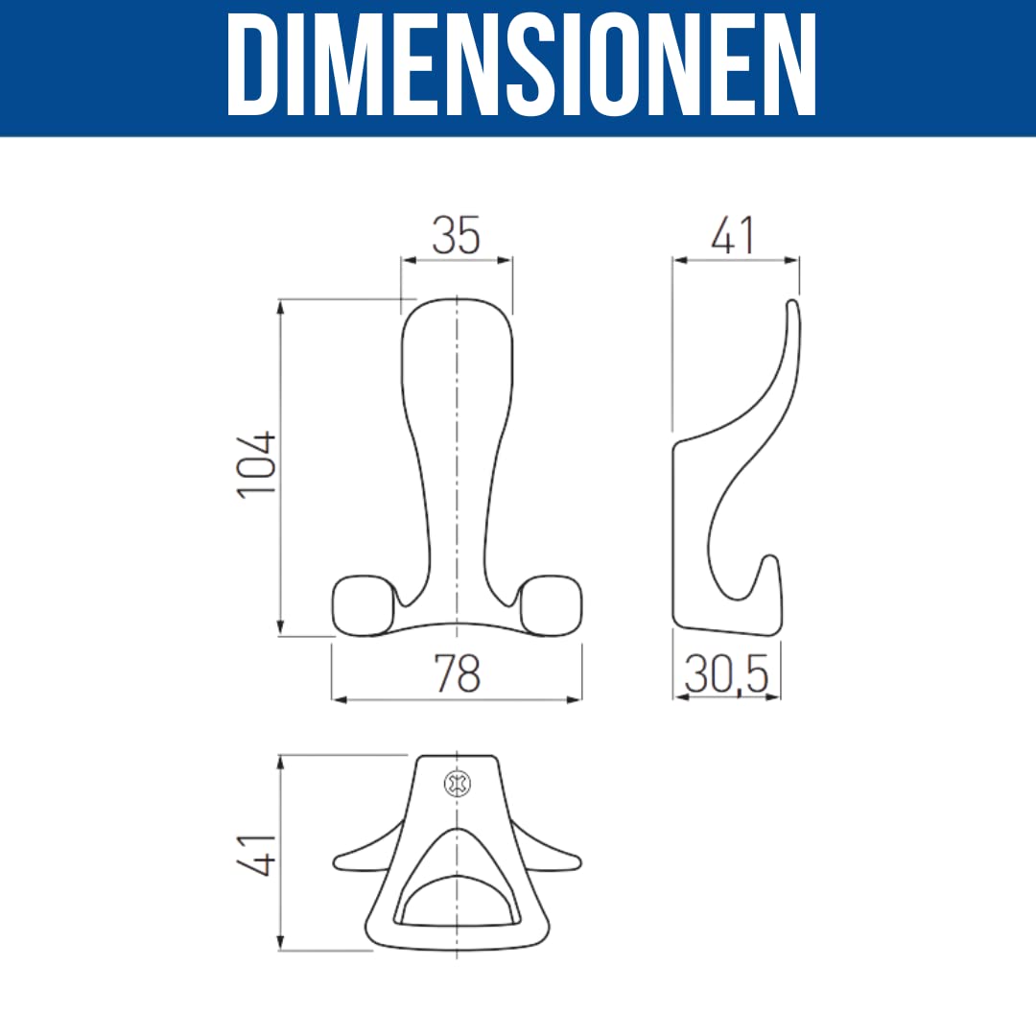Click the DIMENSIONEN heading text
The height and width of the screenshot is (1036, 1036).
[521, 65]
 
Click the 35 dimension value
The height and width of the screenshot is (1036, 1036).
[456, 236]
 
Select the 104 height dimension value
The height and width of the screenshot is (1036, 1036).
[256, 464]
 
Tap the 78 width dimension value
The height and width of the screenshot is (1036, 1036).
[458, 673]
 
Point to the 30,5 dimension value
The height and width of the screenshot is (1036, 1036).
[726, 674]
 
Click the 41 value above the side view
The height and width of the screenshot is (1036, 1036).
[732, 236]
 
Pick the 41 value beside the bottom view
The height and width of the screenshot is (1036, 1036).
[256, 855]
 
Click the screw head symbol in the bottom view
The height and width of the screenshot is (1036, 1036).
[458, 784]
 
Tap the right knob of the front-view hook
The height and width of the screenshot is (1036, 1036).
[551, 606]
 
